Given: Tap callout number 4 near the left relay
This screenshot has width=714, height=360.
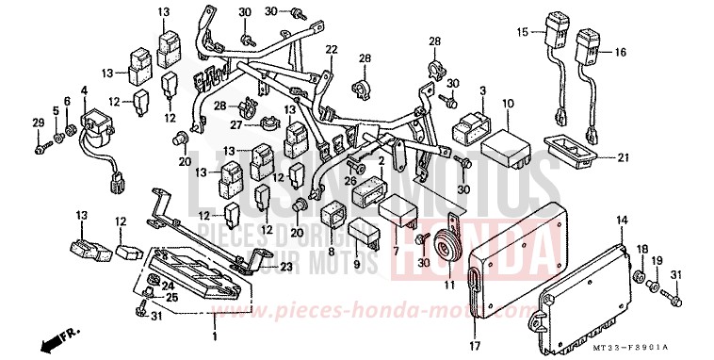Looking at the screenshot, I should [x=84, y=91].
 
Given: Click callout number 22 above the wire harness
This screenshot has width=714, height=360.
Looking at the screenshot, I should [x=332, y=49].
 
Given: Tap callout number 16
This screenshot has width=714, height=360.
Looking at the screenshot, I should [x=621, y=54].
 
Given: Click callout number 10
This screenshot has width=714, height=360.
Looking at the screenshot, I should [x=507, y=103].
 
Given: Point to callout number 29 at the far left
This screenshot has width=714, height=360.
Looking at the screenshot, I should [x=38, y=123].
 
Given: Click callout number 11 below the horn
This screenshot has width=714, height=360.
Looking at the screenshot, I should [x=449, y=282].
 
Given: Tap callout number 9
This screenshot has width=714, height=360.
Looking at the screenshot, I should [x=358, y=265].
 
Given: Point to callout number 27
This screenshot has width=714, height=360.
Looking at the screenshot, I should [x=237, y=123].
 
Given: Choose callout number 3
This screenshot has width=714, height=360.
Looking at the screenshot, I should [x=482, y=91].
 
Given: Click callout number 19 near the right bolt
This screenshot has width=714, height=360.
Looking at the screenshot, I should [x=657, y=260].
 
